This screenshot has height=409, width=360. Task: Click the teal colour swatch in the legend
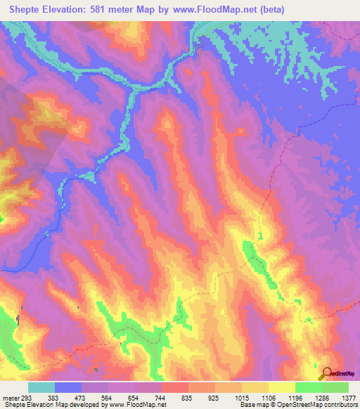tap(41, 387)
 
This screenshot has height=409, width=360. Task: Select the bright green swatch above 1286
tap(308, 387)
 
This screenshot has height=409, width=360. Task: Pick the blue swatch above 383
tap(68, 387)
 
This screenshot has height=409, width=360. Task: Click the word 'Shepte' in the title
tap(25, 9)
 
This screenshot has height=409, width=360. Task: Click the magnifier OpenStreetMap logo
tap(326, 373)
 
